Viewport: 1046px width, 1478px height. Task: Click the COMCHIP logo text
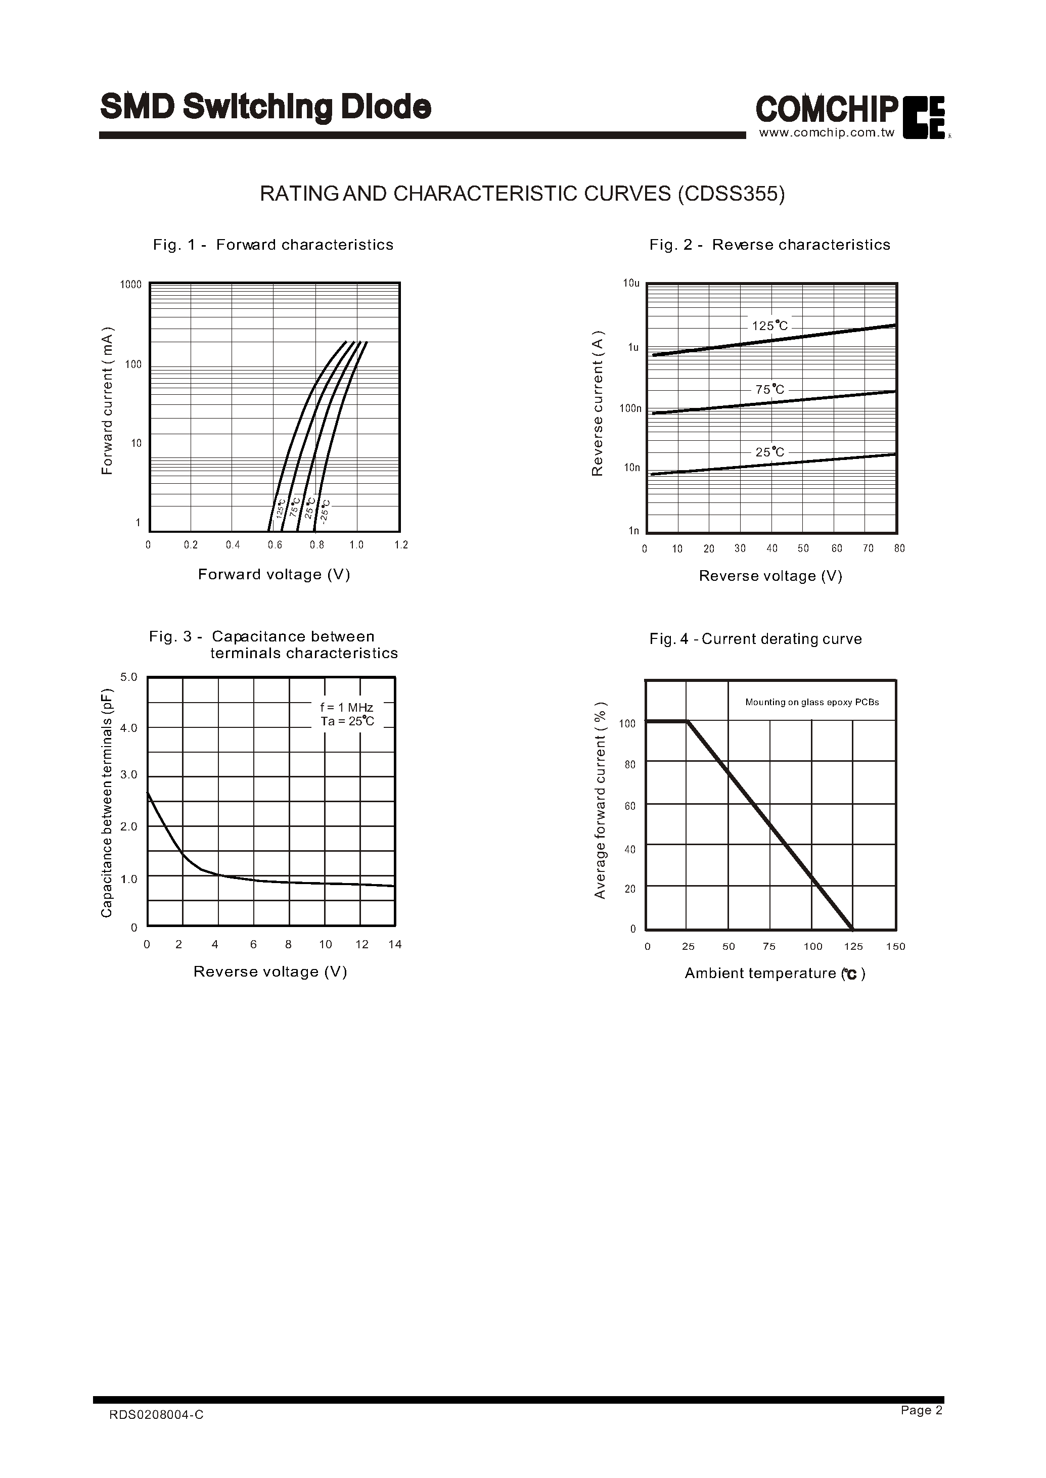[x=827, y=110]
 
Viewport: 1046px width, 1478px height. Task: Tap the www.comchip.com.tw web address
[x=827, y=132]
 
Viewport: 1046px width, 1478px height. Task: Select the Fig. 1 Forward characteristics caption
[x=273, y=245]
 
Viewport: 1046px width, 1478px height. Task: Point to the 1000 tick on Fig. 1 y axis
[x=131, y=285]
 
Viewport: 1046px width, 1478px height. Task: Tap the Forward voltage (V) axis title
[x=274, y=574]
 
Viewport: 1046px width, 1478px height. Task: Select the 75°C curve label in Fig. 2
[x=770, y=390]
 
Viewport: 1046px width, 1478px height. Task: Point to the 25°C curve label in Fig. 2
[x=770, y=452]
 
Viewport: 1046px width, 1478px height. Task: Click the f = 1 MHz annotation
[x=346, y=708]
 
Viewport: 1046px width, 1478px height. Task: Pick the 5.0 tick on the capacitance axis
[x=129, y=677]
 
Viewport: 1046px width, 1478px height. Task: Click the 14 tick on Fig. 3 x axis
[x=395, y=944]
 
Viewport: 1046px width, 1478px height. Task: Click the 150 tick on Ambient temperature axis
[x=895, y=946]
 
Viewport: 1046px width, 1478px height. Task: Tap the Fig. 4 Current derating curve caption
[x=755, y=639]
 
